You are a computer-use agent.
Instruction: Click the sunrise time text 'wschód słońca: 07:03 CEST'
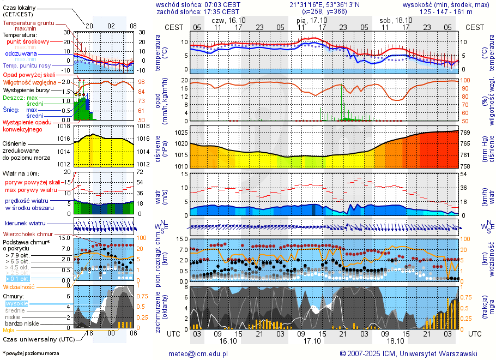coord(198,4)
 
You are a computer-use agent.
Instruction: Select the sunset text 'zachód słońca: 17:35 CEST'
coord(198,11)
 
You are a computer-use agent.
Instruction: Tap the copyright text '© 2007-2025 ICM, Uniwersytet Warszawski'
coord(408,353)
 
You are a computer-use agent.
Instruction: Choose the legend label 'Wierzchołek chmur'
coord(27,234)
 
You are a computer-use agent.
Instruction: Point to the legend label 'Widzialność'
coord(19,286)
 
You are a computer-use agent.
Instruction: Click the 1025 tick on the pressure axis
coord(181,133)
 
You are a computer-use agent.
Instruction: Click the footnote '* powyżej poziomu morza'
coord(31,353)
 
